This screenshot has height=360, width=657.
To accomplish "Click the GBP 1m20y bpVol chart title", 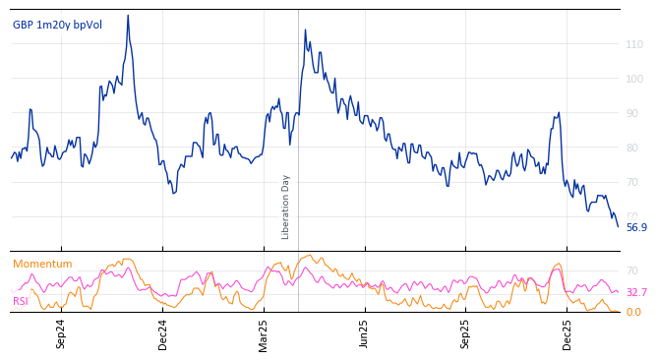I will tap(57, 25).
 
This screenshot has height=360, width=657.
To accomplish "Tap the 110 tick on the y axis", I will tap(635, 44).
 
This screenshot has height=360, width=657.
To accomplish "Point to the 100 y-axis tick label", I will tap(635, 79).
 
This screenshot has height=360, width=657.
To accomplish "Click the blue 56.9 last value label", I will tap(636, 227).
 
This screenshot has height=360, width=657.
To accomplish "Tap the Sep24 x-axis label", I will tap(61, 333).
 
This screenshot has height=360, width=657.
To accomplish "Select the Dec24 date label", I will tap(163, 333).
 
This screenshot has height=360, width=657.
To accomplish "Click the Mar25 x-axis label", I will tap(264, 333).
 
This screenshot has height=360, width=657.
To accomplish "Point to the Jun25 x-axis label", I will tap(364, 333).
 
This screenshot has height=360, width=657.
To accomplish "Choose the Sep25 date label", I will tap(465, 333).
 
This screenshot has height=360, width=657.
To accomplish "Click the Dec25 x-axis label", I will tap(567, 333).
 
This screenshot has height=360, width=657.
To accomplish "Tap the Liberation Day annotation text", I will tap(286, 207).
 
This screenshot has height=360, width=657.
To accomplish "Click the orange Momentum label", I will tap(42, 265).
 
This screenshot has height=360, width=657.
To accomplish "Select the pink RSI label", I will tap(21, 301).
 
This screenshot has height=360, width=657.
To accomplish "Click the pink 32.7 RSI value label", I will tap(636, 292).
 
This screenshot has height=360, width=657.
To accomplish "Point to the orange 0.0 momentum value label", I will tap(633, 313).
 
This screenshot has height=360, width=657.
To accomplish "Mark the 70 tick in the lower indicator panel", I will tap(632, 270).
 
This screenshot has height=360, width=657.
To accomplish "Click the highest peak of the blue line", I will tap(128, 16).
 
